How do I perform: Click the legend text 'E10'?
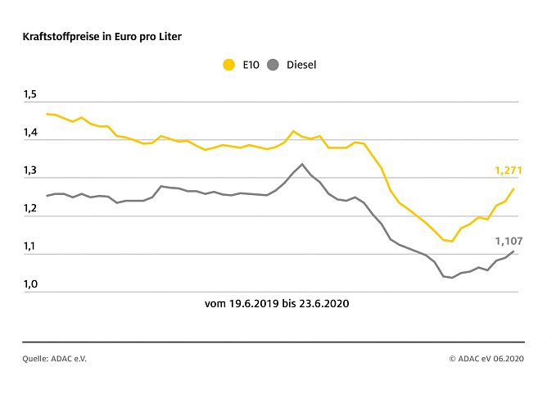(251, 65)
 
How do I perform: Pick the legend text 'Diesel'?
(301, 65)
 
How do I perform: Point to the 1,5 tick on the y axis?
(30, 95)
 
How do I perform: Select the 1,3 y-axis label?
(30, 171)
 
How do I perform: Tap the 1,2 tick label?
(30, 209)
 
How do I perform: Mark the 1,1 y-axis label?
(30, 247)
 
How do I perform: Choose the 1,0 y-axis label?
(30, 284)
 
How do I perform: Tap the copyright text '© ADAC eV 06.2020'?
(486, 358)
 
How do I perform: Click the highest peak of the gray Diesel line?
(302, 164)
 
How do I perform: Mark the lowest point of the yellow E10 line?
(452, 241)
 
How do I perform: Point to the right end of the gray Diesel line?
(513, 252)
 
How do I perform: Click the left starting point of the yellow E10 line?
(47, 114)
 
